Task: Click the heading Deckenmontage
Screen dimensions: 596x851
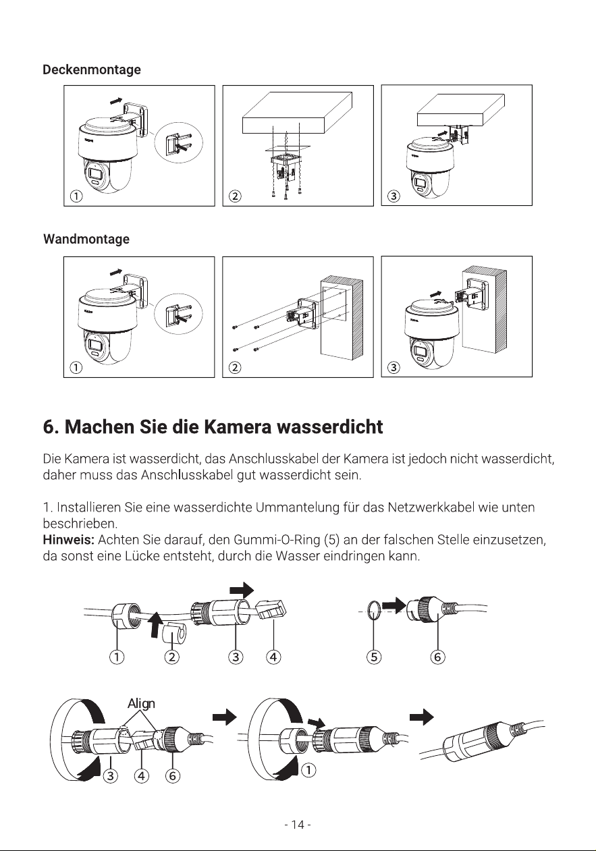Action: click(92, 70)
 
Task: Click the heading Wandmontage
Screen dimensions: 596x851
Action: click(86, 240)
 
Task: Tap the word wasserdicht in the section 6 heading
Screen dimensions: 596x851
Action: click(329, 427)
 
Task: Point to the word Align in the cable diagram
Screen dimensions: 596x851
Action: click(141, 703)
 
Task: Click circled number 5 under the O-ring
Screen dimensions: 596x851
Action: click(374, 657)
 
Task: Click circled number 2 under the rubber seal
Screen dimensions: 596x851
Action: click(171, 657)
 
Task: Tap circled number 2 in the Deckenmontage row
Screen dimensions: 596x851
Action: click(235, 196)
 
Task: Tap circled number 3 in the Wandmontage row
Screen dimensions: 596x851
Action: click(394, 367)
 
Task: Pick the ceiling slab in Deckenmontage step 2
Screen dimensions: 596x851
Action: click(297, 113)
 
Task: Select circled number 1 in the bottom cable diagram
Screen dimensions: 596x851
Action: click(309, 770)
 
